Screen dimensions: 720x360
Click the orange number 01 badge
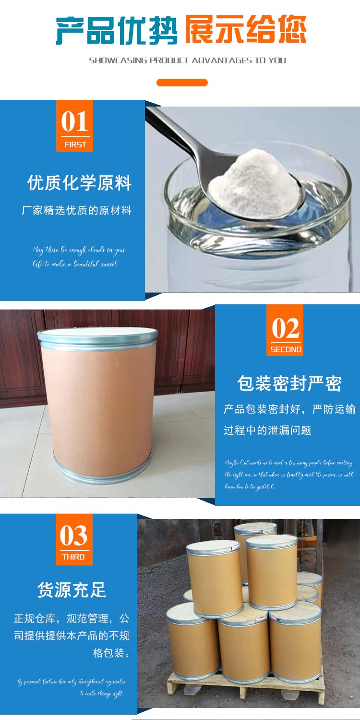tap(74, 126)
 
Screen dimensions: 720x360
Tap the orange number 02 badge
tap(285, 330)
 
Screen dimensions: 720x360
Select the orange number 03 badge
tap(73, 539)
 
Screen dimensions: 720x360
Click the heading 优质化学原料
tap(79, 183)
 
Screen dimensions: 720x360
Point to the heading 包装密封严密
tap(289, 384)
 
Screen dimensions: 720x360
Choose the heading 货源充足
tap(72, 590)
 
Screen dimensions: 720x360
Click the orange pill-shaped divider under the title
tap(182, 83)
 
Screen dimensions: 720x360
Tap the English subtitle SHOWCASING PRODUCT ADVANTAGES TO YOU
tap(187, 60)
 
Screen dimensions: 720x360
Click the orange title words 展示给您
tap(245, 30)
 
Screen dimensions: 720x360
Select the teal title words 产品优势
tap(116, 30)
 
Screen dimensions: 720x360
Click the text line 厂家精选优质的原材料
tap(77, 210)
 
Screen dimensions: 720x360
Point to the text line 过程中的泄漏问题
tap(267, 430)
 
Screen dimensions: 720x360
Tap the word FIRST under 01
tap(75, 144)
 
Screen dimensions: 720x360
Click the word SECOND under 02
tap(286, 349)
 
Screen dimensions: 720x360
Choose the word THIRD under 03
tap(73, 557)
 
